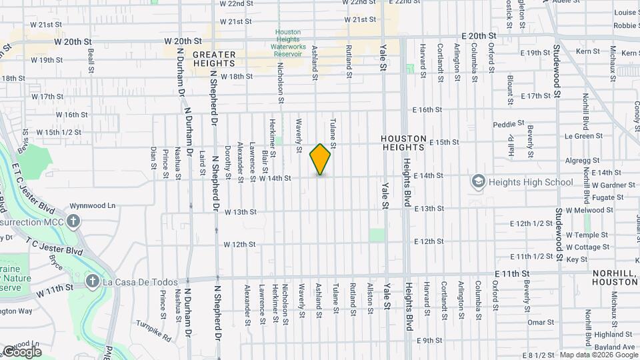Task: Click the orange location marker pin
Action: coord(320,159)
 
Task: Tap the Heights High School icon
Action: coord(478,181)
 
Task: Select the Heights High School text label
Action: coord(530,182)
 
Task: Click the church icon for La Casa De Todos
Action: coord(93,282)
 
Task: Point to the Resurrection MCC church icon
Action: coord(74,221)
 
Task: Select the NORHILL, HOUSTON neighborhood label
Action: coord(615,278)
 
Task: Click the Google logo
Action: coord(22,351)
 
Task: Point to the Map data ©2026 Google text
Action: coord(599,355)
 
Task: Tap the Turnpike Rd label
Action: coord(157,339)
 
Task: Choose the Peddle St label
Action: coord(509,125)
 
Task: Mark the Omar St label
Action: coord(536,322)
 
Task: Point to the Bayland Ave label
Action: coord(614,347)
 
